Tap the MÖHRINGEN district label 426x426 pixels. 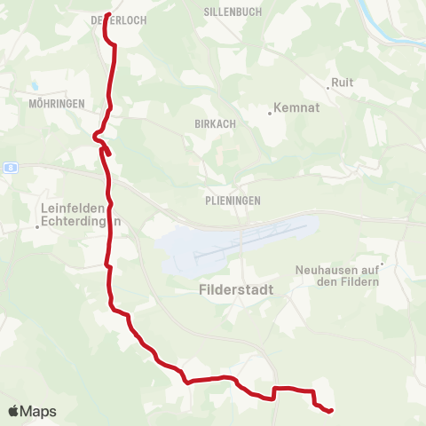57,104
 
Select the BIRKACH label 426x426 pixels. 215,124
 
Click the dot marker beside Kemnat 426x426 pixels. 270,113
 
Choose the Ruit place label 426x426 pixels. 342,83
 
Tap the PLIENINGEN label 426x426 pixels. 230,201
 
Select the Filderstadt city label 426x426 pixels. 236,290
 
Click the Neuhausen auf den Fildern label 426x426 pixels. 336,275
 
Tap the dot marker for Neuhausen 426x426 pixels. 383,264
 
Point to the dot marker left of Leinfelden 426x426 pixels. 37,226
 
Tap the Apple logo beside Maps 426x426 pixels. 14,412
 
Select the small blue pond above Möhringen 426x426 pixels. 34,87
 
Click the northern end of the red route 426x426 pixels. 106,15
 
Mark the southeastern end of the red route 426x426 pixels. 330,411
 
